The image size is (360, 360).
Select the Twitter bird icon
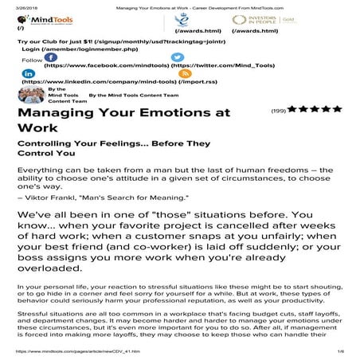pyautogui.click(x=178, y=57)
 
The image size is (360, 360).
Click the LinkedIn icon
pyautogui.click(x=29, y=72)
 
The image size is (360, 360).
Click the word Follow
pyautogui.click(x=31, y=60)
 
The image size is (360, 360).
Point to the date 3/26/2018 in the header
pyautogui.click(x=15, y=4)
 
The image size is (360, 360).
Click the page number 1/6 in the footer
pyautogui.click(x=340, y=351)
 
